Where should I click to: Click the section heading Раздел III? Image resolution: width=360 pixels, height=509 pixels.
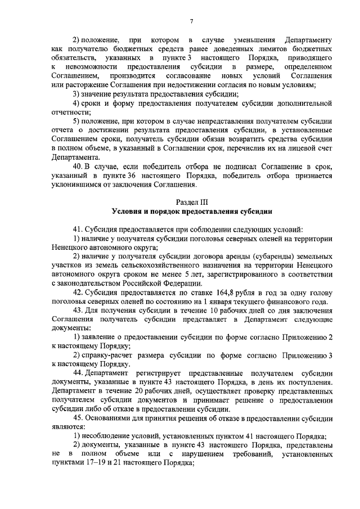[x=191, y=201]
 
